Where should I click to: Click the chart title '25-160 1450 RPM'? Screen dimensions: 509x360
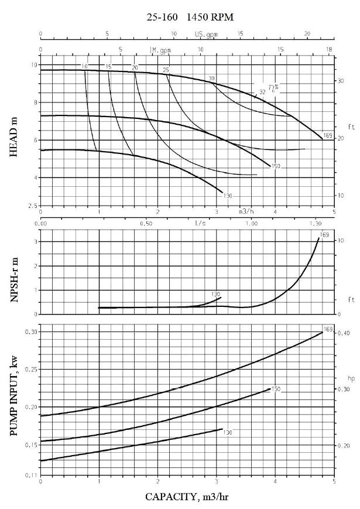pos(190,18)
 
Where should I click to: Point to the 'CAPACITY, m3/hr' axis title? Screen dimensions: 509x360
pos(190,497)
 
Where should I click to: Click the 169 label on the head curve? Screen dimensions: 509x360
pos(327,136)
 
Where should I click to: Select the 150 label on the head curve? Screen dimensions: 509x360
pos(276,166)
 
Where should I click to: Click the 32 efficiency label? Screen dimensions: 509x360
pos(262,92)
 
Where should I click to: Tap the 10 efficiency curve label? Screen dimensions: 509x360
pos(85,66)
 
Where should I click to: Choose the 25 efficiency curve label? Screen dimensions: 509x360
pos(166,70)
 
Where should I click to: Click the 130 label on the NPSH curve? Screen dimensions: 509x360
pos(216,293)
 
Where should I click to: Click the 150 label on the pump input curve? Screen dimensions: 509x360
pos(276,389)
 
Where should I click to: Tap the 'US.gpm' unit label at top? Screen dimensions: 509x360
pos(206,35)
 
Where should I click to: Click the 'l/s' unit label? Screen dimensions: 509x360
pos(200,223)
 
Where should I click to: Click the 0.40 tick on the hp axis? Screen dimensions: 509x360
pos(345,333)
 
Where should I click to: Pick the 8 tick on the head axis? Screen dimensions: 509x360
pos(33,103)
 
